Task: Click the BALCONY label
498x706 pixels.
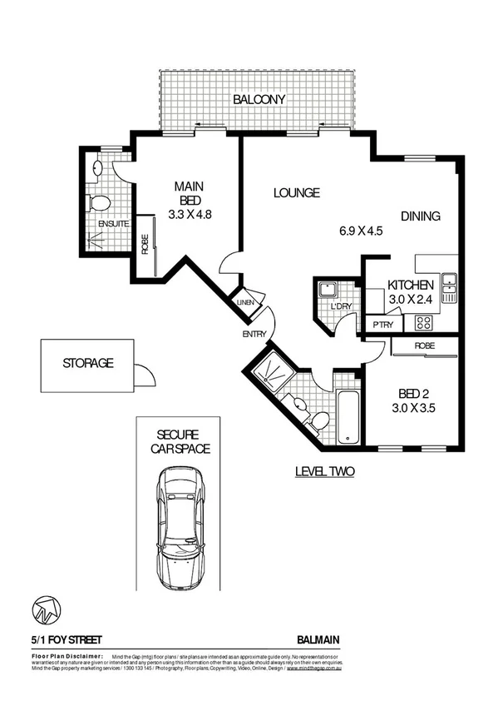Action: click(259, 99)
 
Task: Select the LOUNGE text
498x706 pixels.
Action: click(297, 193)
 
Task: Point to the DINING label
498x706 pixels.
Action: click(420, 216)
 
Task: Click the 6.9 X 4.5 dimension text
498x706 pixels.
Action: click(359, 231)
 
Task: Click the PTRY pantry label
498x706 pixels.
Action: click(382, 325)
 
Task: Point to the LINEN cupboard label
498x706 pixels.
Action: click(245, 302)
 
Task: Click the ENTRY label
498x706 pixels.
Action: click(254, 334)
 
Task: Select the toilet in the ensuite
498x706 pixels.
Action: click(99, 203)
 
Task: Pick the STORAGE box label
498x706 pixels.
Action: click(87, 363)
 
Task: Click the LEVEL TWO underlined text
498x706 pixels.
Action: click(325, 472)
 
